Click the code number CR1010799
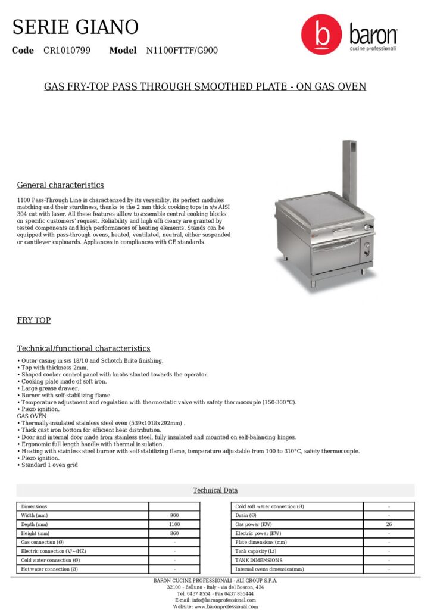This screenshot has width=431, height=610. point(67,51)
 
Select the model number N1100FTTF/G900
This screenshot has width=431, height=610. point(182,51)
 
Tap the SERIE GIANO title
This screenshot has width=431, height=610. point(76,27)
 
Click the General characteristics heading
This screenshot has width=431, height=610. point(60,185)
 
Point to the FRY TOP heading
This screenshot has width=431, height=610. point(34,320)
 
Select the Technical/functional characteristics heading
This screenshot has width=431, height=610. point(83,348)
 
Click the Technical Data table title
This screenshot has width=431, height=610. point(215,490)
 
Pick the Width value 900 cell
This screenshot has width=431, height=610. point(174,515)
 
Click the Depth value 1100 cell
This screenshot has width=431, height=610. point(174,524)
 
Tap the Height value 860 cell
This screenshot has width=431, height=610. point(174,533)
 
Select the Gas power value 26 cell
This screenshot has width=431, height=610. point(389,524)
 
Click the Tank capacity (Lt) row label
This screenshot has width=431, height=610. point(255,551)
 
